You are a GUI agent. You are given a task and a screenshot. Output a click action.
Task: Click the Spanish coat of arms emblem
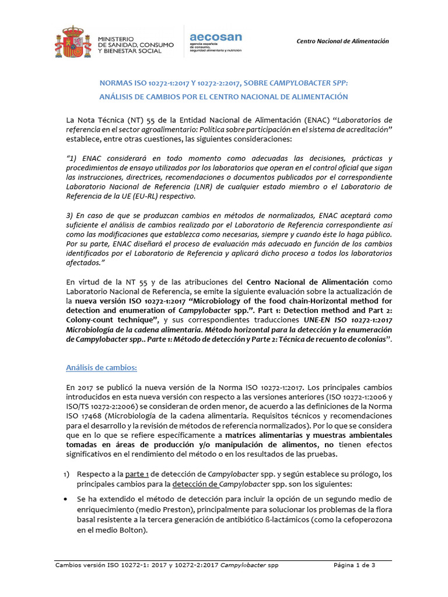coord(73,41)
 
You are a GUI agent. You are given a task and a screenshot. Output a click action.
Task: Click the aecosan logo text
coord(216,37)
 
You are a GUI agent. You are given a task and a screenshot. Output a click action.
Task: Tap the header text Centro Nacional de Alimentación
coord(342,41)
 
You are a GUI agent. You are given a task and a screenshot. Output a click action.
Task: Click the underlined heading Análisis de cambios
coord(101,368)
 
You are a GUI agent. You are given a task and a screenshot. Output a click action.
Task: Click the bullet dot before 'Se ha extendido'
coord(70,500)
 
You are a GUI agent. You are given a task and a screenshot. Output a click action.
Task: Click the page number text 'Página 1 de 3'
coord(354,565)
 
